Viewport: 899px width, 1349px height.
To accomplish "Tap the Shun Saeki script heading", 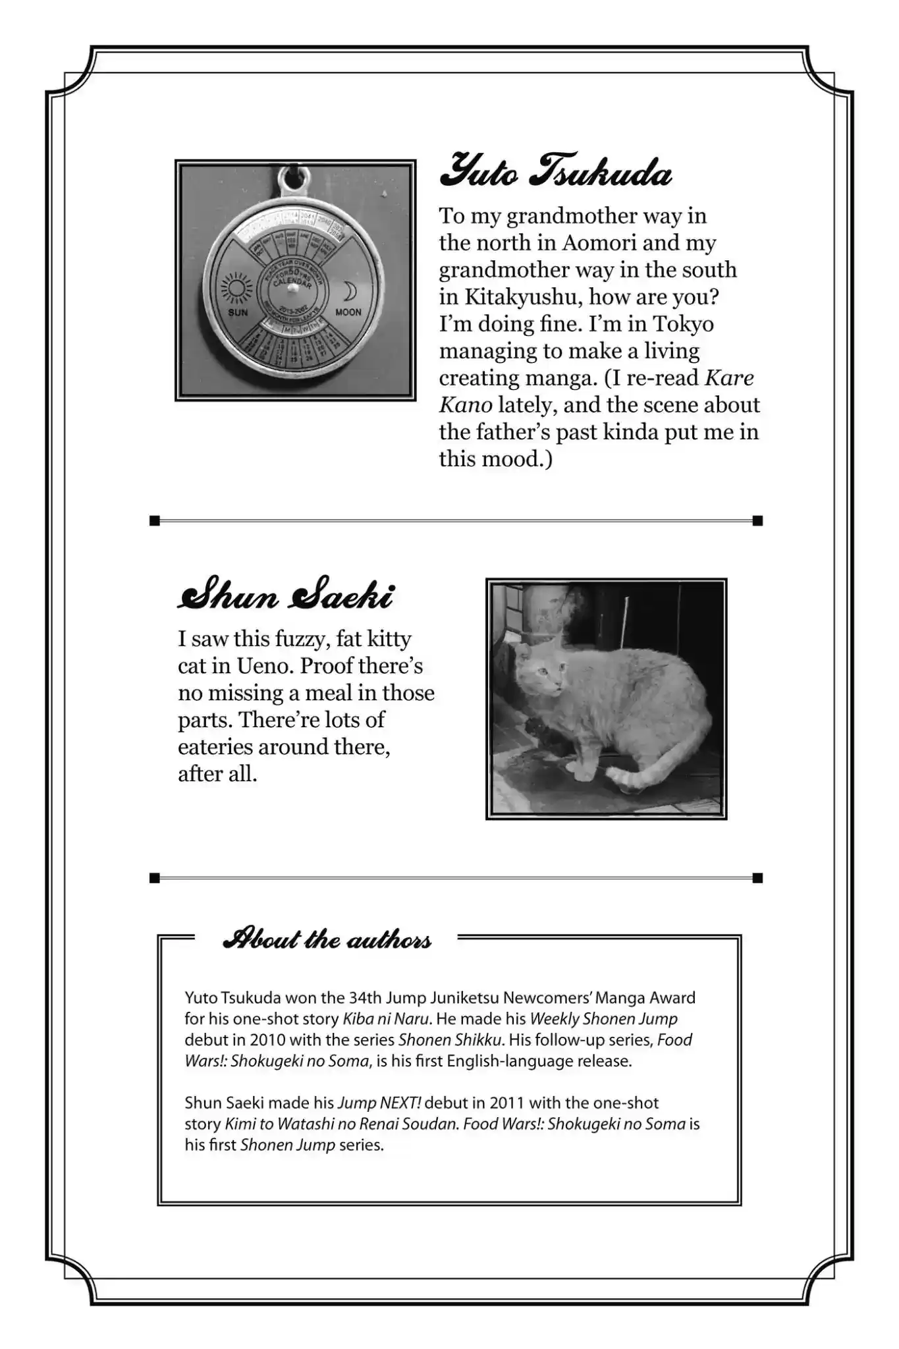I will coord(286,595).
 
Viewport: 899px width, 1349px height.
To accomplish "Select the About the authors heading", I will coord(327,939).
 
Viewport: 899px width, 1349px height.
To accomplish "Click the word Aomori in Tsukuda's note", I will coord(599,242).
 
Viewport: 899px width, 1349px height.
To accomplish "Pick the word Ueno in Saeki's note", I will coord(263,665).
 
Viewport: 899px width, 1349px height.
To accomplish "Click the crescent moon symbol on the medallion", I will coord(349,290).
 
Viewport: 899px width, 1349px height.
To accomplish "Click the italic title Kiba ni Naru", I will coord(386,1019).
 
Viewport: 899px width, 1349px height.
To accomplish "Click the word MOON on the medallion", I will coord(348,312).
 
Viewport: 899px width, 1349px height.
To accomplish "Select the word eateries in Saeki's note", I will coord(215,747).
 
